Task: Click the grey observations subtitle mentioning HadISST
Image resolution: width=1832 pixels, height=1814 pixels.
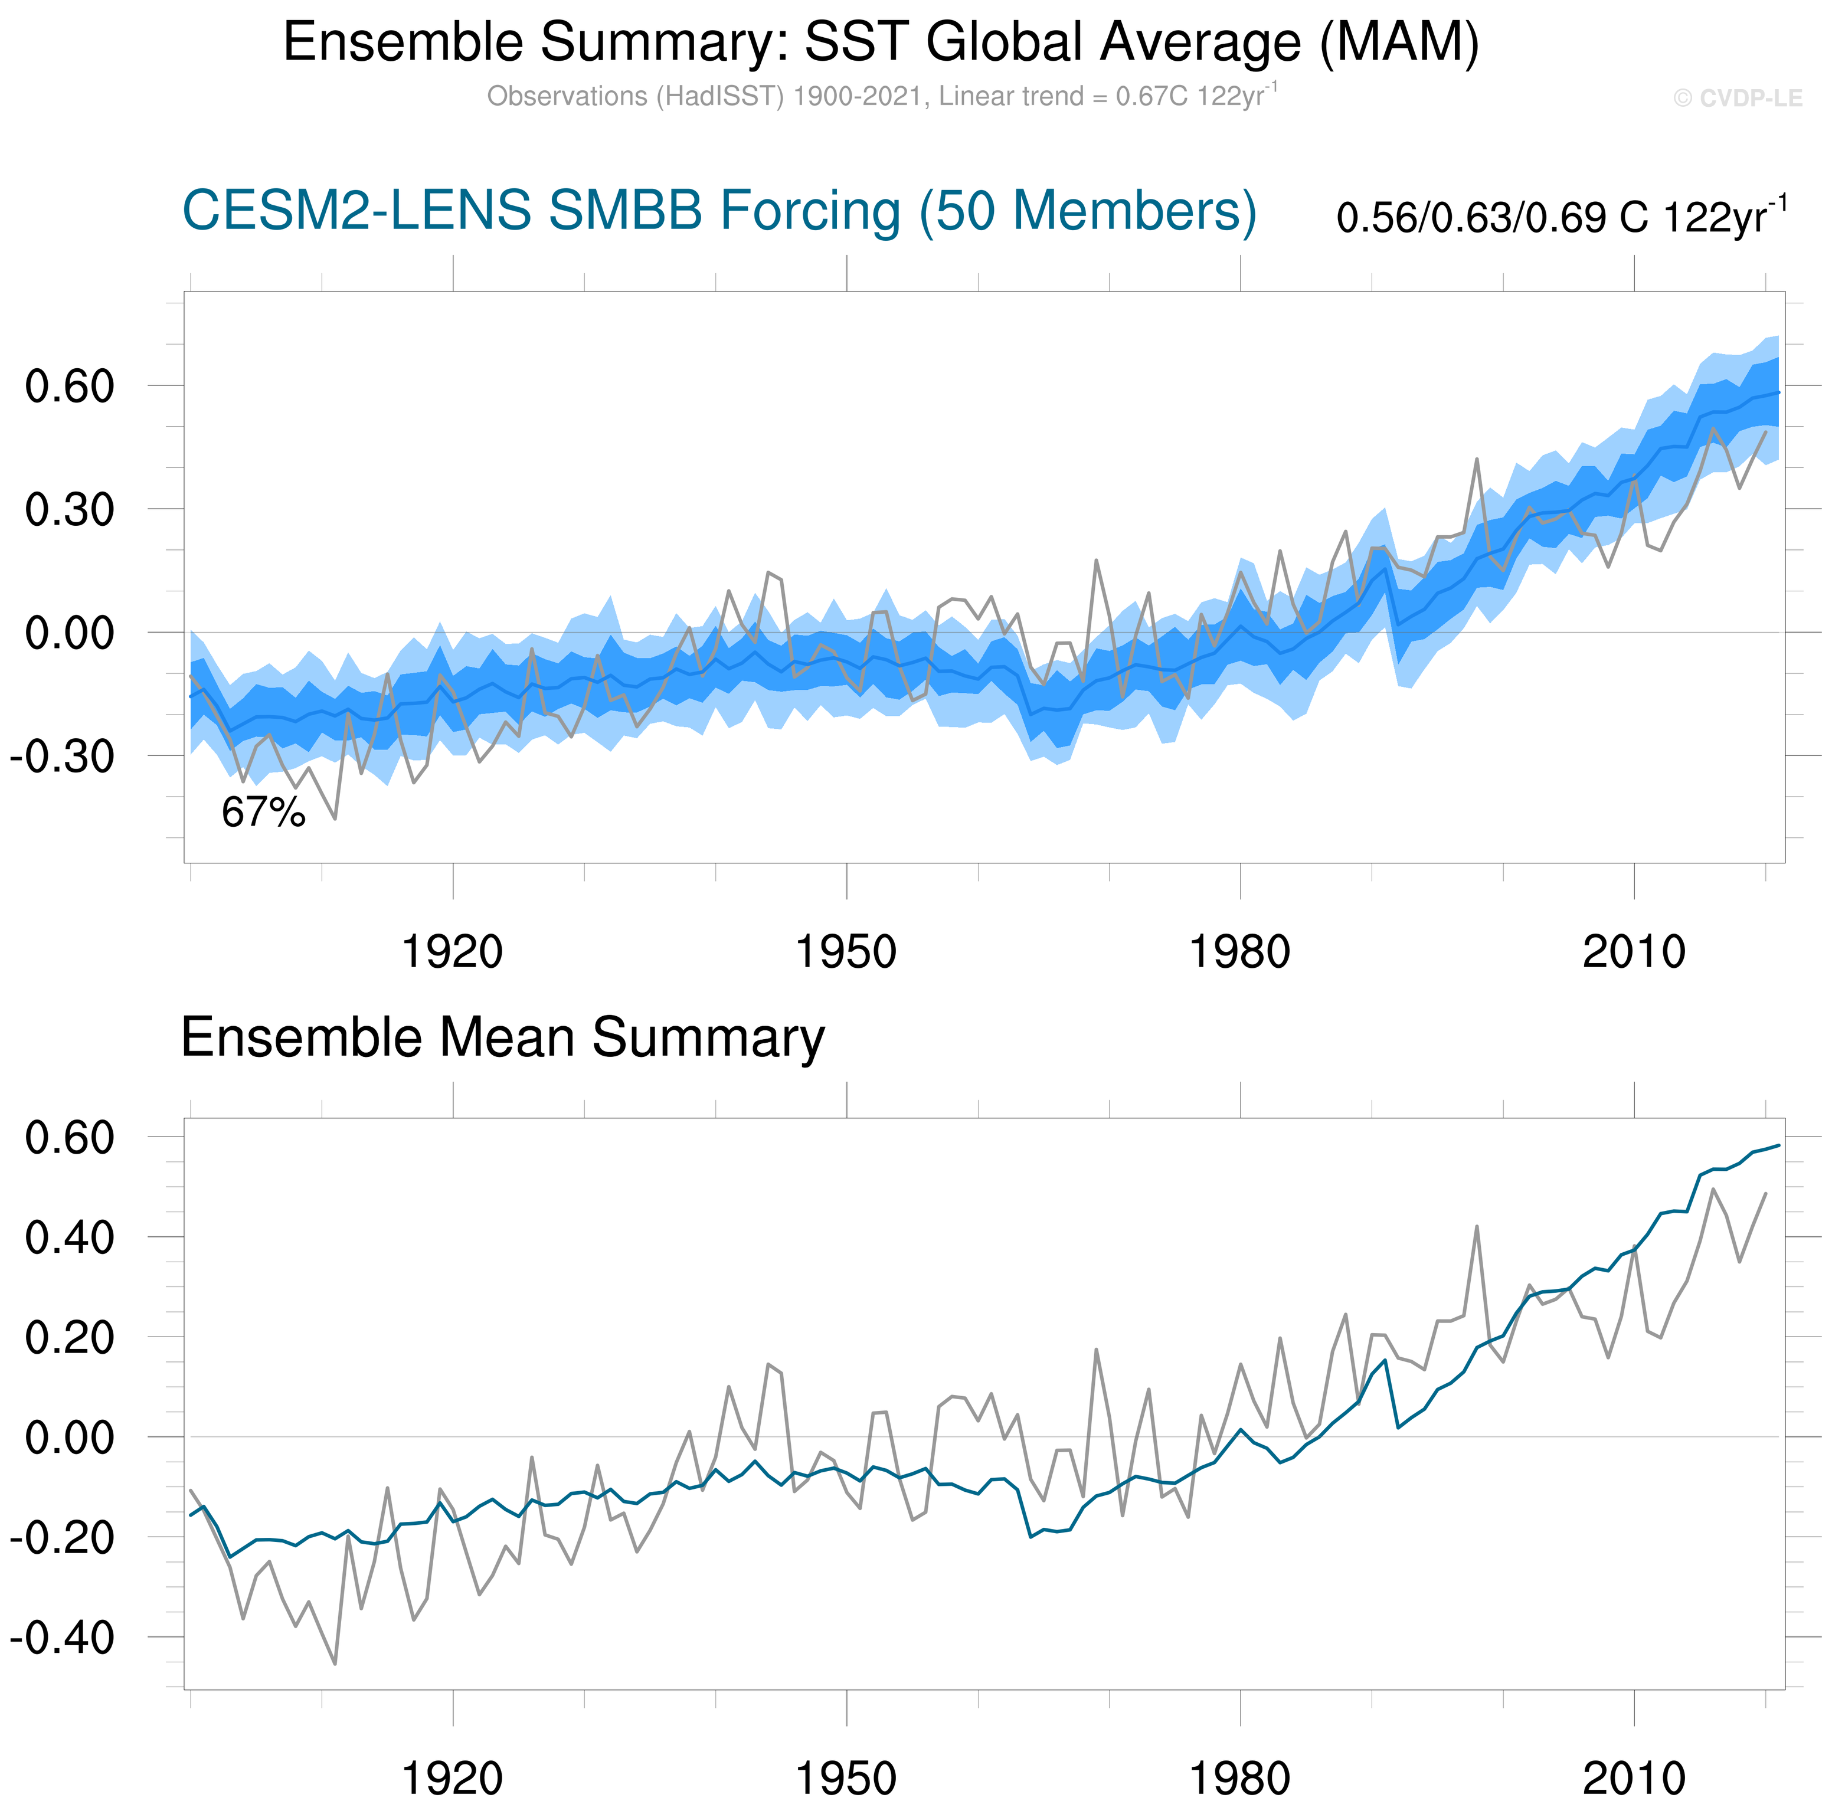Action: (x=881, y=97)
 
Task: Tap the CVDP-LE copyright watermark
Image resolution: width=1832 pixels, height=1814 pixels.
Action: (x=1737, y=99)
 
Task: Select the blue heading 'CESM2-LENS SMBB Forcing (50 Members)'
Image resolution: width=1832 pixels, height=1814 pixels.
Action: (x=719, y=211)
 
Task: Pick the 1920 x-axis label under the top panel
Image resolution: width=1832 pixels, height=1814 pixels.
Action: (x=452, y=951)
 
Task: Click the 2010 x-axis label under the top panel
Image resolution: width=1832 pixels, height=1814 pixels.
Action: (x=1633, y=951)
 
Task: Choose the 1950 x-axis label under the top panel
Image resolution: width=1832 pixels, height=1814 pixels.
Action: (x=846, y=951)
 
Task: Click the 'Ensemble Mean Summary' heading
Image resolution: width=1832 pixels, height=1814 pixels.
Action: (x=503, y=1037)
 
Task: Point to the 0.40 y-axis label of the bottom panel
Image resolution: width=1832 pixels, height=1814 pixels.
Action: (x=69, y=1237)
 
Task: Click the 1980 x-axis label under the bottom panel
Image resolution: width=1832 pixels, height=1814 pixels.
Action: (x=1239, y=1778)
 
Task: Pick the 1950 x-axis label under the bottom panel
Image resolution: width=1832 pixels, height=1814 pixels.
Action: (x=846, y=1778)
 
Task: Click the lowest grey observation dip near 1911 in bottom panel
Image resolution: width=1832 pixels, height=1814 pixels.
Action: (x=335, y=1664)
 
